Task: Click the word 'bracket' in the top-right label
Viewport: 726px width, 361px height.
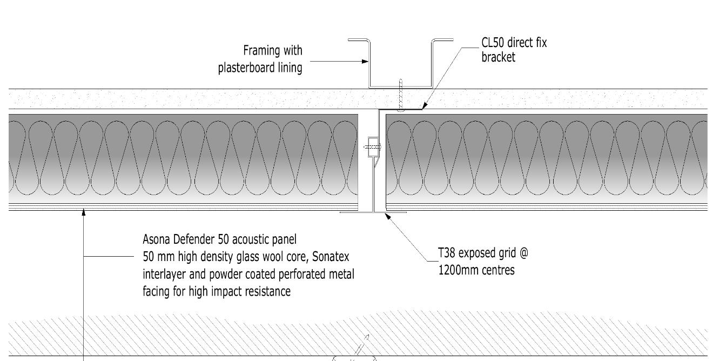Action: click(x=498, y=57)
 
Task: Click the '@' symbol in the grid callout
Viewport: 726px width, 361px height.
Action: click(x=524, y=253)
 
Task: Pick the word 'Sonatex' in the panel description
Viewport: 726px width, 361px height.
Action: click(x=331, y=257)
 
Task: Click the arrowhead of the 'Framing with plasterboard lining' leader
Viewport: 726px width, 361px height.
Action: click(x=365, y=61)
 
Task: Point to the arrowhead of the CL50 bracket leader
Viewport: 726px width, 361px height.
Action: click(x=424, y=106)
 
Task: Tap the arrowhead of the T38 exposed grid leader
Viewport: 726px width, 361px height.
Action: click(x=388, y=216)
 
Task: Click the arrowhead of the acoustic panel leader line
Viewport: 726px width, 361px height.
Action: click(x=84, y=213)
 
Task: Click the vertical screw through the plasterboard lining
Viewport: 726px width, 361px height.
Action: click(x=401, y=95)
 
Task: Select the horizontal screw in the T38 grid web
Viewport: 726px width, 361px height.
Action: click(x=372, y=147)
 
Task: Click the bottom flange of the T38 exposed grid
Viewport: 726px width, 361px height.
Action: click(x=373, y=212)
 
